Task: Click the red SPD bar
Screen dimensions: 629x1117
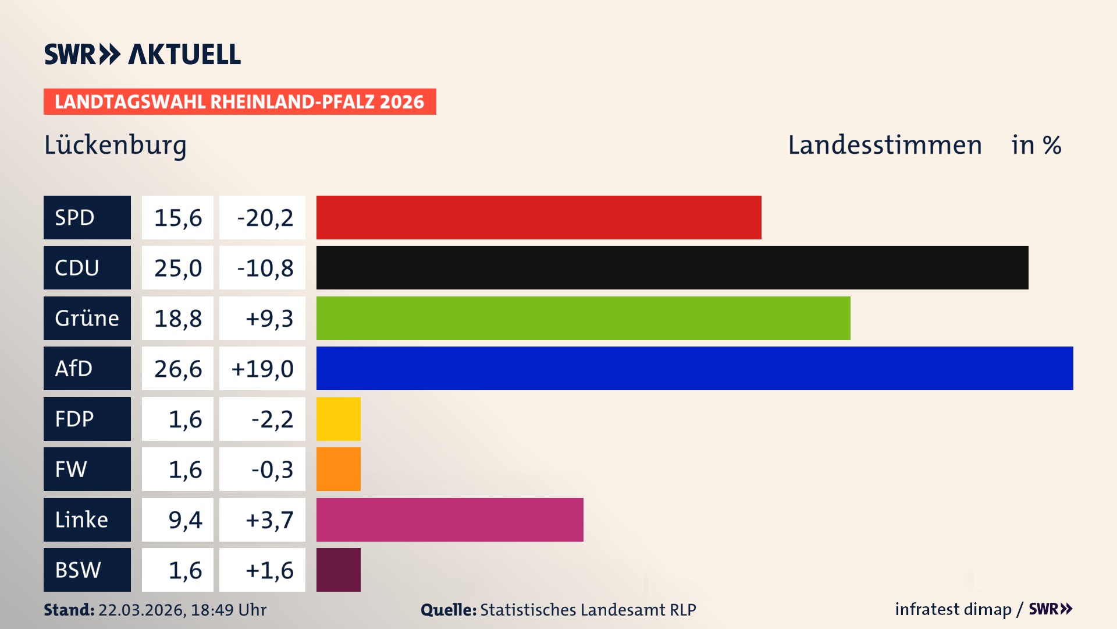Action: point(539,217)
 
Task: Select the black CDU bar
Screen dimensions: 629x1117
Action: point(672,267)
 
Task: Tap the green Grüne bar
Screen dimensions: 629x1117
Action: point(583,318)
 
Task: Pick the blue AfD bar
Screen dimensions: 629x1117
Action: point(695,368)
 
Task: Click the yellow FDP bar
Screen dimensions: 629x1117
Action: point(338,419)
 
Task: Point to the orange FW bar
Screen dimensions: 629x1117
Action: point(338,469)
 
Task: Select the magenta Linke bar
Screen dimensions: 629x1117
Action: point(450,520)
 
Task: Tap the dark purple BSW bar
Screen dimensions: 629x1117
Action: point(338,570)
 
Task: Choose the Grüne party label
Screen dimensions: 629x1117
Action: point(87,318)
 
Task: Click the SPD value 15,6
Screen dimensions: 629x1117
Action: point(177,217)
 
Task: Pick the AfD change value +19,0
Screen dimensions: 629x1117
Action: point(263,368)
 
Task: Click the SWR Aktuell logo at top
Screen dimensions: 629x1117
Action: point(142,54)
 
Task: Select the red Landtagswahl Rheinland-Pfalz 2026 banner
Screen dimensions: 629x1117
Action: point(239,101)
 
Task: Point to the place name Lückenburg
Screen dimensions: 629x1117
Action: point(115,145)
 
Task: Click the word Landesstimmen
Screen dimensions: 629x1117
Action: point(884,145)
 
